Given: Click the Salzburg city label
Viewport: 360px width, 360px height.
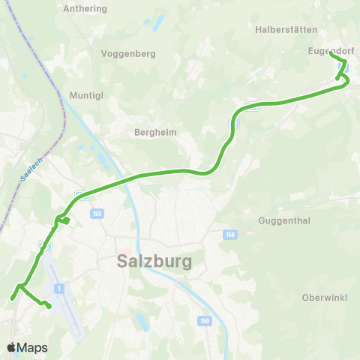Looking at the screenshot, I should [154, 262].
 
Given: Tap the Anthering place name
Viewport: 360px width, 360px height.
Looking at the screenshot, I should [86, 8].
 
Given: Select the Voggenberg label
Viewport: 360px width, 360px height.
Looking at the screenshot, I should [127, 54].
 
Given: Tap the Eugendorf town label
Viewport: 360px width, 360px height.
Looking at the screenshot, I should [329, 51].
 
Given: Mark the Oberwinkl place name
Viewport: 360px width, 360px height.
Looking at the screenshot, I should [324, 297].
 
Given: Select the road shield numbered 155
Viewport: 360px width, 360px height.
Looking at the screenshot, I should [97, 214].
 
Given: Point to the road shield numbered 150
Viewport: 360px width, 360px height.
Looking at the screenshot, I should [205, 321].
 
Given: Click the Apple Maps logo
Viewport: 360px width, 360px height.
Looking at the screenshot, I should [27, 348].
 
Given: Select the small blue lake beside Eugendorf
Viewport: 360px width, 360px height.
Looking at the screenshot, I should [345, 68].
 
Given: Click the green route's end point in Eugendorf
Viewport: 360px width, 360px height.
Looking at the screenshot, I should [331, 52].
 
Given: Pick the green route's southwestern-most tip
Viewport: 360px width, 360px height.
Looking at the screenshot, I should [12, 299].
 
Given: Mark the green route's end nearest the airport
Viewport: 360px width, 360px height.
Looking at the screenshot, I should [49, 306].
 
